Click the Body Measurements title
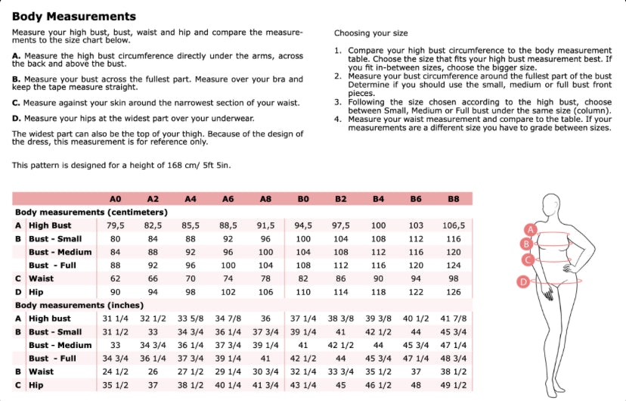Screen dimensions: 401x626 74,17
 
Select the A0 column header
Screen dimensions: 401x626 115,199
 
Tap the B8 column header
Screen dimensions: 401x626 453,199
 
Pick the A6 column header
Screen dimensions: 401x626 228,199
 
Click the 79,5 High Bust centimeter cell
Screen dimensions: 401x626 115,225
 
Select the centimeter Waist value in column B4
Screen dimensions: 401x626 378,278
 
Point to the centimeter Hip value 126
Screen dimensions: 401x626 453,292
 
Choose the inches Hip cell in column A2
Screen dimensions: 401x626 153,385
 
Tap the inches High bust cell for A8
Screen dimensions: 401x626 265,319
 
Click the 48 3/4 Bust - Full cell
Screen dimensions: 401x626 453,359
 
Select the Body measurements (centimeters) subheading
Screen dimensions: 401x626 91,213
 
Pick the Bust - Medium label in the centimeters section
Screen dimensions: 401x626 60,252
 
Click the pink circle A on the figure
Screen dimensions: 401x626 531,228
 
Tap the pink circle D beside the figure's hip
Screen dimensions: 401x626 522,282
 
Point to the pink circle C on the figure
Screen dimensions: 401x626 528,260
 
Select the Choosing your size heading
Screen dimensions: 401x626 370,34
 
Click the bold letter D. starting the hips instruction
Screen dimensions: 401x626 17,119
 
